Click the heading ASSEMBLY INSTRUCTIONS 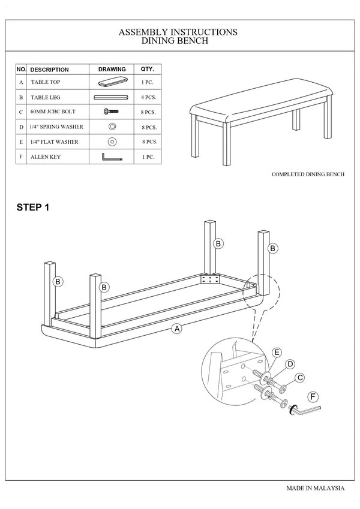click(x=178, y=32)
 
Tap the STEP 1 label click(x=32, y=208)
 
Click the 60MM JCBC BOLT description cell click(x=53, y=112)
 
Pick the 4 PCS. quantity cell click(x=149, y=97)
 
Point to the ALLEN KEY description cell click(x=45, y=157)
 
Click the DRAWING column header click(x=112, y=70)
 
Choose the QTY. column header click(x=148, y=70)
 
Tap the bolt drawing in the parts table click(x=112, y=112)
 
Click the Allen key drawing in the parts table click(x=112, y=157)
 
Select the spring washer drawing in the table click(x=112, y=127)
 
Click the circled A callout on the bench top click(x=176, y=328)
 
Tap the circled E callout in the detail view click(x=277, y=352)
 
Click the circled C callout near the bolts click(x=300, y=377)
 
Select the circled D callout click(x=289, y=364)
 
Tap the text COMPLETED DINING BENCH click(x=308, y=174)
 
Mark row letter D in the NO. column click(x=21, y=127)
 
